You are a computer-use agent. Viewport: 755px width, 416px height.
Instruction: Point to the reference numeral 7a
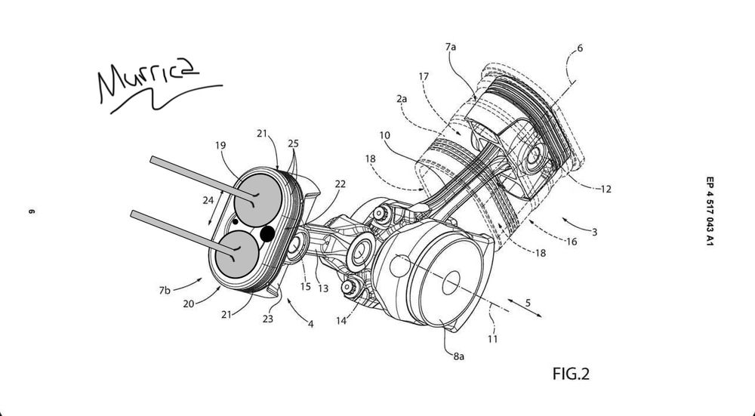(x=451, y=47)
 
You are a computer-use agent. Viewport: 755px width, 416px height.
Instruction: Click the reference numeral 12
(x=606, y=189)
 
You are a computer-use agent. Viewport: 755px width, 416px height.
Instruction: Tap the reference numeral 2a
(x=401, y=99)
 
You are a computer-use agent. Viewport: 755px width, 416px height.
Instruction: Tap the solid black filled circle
(x=267, y=235)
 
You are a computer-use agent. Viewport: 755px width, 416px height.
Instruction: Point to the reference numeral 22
(x=341, y=184)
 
